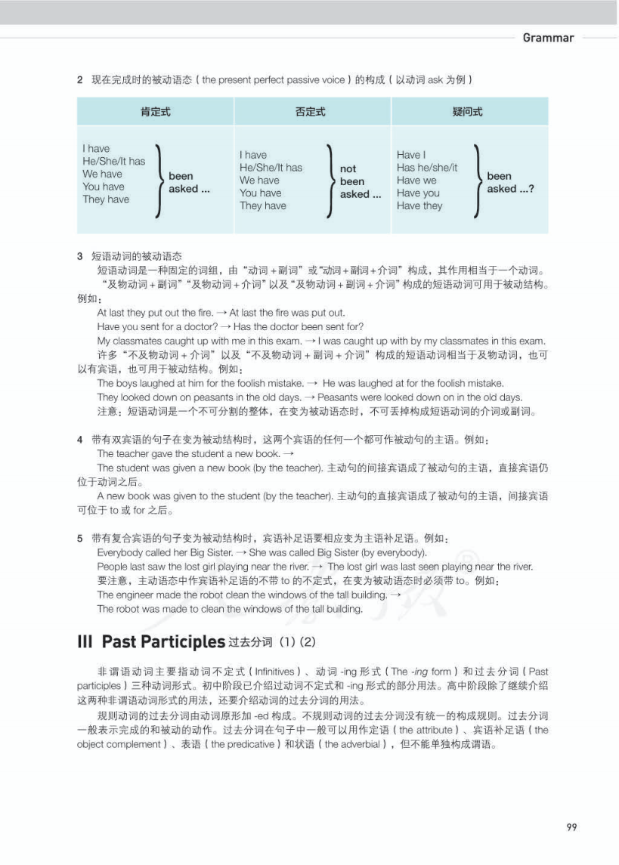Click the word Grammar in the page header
click(x=548, y=38)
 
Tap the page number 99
click(x=571, y=827)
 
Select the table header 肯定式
click(x=155, y=112)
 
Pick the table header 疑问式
click(x=467, y=112)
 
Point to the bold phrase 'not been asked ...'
click(x=354, y=181)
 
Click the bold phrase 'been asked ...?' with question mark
click(x=510, y=182)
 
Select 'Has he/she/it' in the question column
click(x=427, y=168)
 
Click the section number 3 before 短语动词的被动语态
click(x=80, y=257)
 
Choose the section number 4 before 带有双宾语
click(x=80, y=440)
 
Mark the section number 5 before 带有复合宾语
click(x=80, y=539)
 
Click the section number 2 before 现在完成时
click(x=80, y=79)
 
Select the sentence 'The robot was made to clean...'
click(x=230, y=609)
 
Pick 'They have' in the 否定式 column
click(x=263, y=205)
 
